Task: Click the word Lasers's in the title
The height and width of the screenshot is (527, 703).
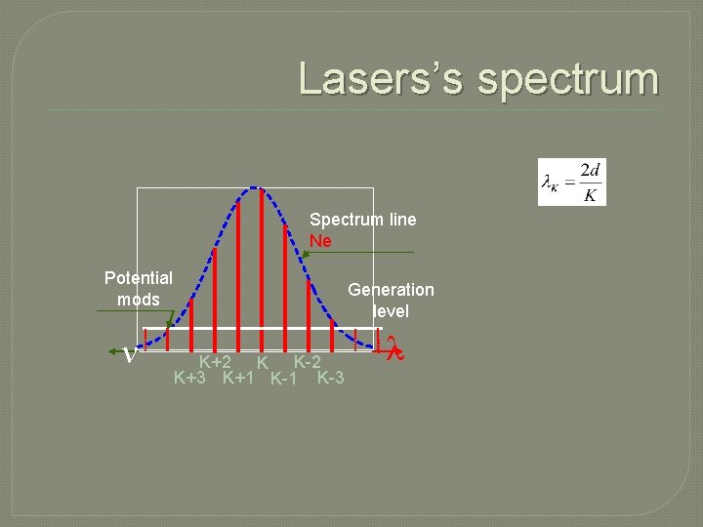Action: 383,79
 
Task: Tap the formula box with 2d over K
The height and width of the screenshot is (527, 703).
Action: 572,182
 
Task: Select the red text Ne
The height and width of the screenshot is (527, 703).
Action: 320,240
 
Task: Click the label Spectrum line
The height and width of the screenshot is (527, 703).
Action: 362,220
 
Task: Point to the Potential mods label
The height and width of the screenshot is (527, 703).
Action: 139,289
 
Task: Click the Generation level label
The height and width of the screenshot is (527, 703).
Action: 391,300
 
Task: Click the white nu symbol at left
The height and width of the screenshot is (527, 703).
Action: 130,354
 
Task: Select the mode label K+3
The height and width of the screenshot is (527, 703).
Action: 189,378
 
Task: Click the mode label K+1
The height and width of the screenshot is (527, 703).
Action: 239,378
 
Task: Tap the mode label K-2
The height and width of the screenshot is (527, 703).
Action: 308,362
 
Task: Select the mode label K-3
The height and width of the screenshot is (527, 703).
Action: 330,378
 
